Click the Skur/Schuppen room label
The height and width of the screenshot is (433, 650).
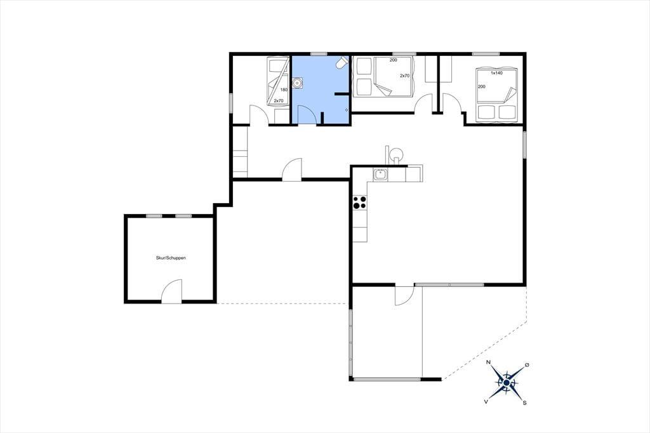point(171,258)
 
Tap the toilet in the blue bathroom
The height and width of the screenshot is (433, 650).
point(342,62)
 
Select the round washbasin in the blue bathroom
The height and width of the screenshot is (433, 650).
point(297,83)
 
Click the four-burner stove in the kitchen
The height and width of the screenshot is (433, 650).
point(360,203)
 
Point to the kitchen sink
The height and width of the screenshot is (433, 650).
point(380,175)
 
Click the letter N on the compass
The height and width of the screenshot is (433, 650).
point(488,363)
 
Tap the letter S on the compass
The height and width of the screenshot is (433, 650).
point(525,403)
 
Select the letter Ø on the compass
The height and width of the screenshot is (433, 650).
point(527,364)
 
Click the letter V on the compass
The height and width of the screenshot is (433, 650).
point(486,401)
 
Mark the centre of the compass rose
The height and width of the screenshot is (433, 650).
point(506,382)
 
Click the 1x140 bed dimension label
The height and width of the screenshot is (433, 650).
point(496,73)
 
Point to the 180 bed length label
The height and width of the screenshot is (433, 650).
point(284,90)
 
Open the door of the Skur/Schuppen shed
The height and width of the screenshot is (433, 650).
point(171,291)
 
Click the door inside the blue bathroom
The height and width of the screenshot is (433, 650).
point(305,114)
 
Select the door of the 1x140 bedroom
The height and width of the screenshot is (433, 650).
point(453,103)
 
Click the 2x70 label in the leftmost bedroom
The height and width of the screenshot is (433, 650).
point(279,101)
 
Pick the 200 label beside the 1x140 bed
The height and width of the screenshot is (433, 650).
point(482,87)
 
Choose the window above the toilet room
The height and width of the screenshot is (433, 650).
point(319,53)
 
